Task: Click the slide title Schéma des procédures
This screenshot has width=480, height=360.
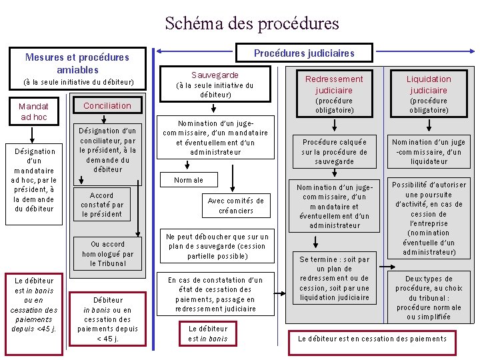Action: click(x=252, y=24)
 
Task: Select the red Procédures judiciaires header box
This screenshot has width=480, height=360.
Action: click(x=304, y=53)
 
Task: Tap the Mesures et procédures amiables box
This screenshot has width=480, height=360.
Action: click(x=77, y=63)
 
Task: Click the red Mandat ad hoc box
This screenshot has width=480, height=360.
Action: click(x=33, y=111)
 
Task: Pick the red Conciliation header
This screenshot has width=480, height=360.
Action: click(x=107, y=105)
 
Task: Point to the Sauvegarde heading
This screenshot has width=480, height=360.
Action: click(x=215, y=75)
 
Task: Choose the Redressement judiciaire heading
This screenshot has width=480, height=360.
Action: click(x=334, y=84)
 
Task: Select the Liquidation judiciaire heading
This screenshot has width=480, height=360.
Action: click(x=429, y=84)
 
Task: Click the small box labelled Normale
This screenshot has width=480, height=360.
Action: click(x=189, y=180)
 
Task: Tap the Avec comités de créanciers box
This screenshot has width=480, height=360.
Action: click(x=235, y=205)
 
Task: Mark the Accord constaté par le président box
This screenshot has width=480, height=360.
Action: click(x=102, y=205)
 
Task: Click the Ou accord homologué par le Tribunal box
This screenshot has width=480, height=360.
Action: click(x=107, y=253)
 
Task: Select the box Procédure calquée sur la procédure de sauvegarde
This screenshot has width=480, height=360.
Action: click(x=334, y=151)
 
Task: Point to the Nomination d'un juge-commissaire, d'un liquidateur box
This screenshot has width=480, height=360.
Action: click(x=429, y=151)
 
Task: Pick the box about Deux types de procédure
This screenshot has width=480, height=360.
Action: click(x=429, y=297)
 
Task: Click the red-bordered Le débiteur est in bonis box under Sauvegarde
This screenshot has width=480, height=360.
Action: click(x=207, y=333)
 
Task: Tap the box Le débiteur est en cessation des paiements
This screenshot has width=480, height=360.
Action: click(x=372, y=339)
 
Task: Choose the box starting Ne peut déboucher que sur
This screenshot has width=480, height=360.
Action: click(x=217, y=246)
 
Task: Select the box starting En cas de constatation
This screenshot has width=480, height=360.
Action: click(x=215, y=294)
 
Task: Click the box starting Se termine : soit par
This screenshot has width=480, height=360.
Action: click(x=334, y=278)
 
